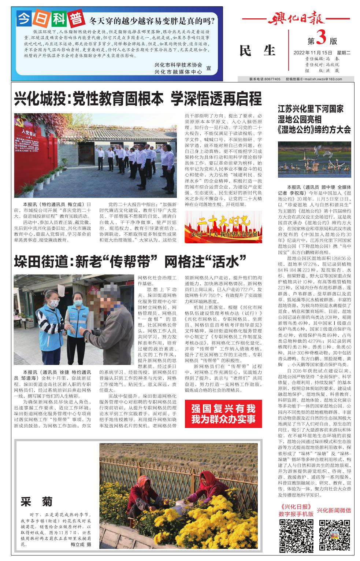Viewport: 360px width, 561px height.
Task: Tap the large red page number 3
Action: [320, 38]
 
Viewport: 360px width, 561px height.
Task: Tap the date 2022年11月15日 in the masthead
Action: [312, 52]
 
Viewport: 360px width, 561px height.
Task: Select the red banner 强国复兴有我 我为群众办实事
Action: [223, 414]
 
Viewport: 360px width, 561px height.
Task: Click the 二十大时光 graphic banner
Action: [223, 227]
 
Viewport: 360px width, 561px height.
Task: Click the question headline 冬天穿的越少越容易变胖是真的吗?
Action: [152, 20]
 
